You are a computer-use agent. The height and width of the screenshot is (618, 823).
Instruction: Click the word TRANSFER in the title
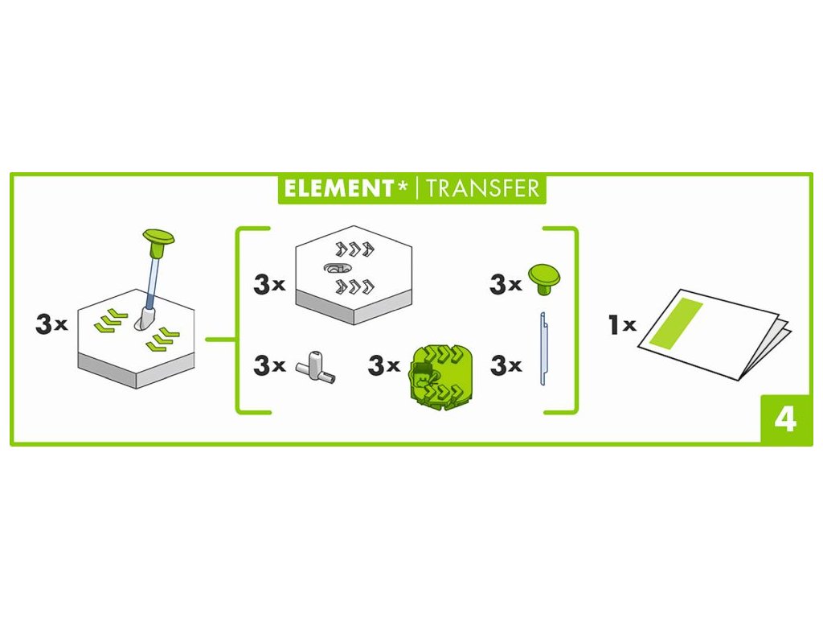pos(482,188)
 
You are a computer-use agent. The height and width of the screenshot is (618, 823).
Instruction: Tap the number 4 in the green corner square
pos(784,418)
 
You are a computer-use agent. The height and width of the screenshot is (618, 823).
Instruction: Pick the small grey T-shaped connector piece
pos(314,366)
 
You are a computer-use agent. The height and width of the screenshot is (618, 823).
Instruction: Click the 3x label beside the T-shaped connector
pos(268,365)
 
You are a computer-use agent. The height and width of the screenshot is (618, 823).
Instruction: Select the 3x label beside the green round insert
pos(383,365)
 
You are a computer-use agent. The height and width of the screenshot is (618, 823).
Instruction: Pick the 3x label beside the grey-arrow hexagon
pos(268,284)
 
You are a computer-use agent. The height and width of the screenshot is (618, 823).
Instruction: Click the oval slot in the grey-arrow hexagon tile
pos(336,266)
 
